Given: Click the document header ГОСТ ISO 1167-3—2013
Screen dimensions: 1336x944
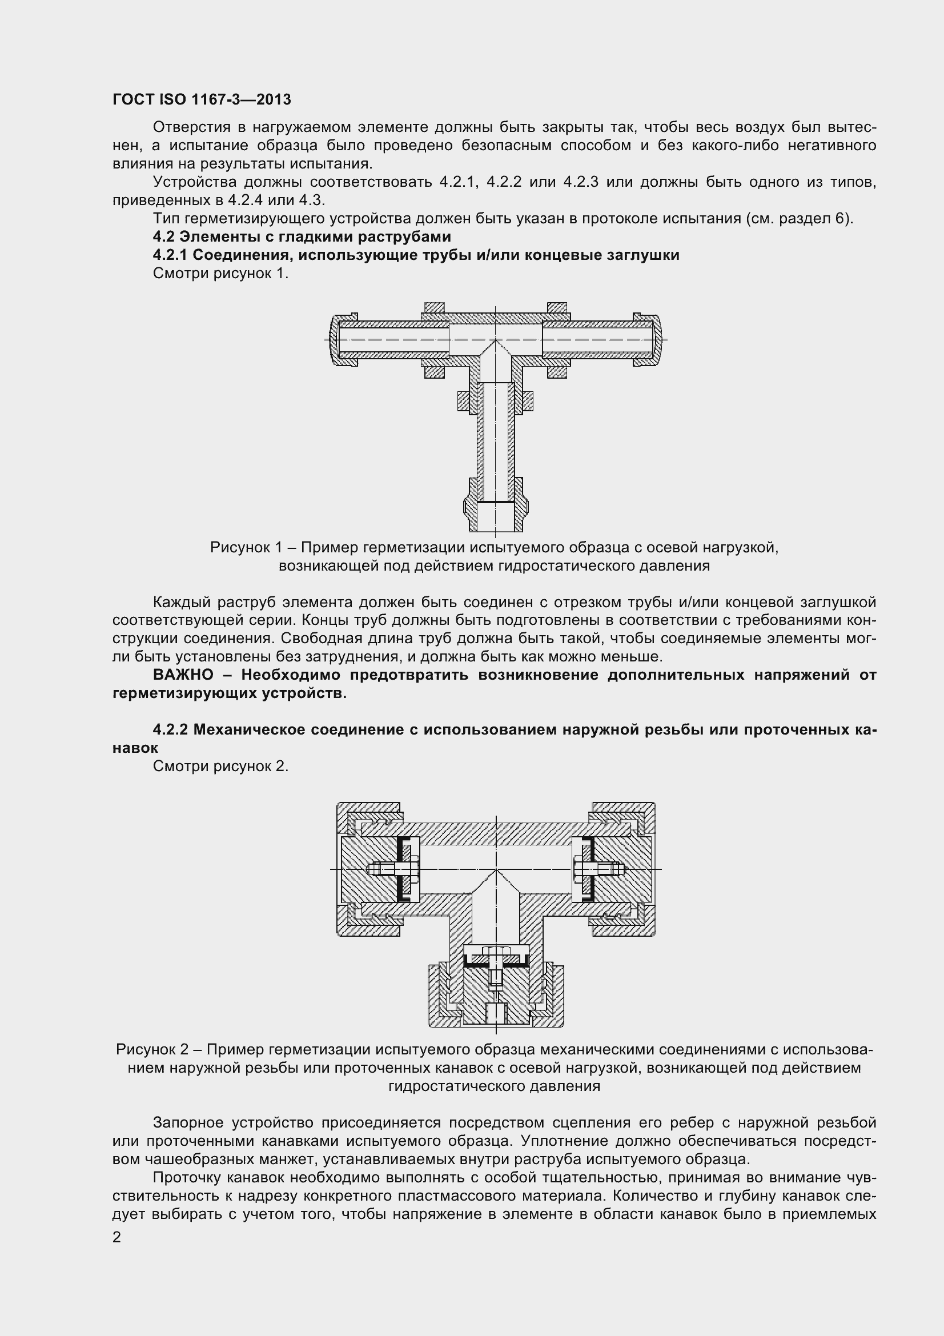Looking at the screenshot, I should click(x=201, y=99).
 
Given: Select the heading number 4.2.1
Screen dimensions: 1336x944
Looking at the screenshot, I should click(x=170, y=255).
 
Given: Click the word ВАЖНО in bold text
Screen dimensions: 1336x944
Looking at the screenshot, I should click(x=183, y=675).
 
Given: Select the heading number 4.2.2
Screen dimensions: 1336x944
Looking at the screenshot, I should click(x=170, y=729).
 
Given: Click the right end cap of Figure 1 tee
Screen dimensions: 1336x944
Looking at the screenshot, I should click(x=656, y=340).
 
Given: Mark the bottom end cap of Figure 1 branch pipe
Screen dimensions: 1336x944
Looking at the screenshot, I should click(x=496, y=512).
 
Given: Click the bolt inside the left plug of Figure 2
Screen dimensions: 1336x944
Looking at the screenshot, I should click(x=389, y=869).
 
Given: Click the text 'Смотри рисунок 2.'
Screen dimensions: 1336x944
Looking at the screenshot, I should click(x=220, y=767).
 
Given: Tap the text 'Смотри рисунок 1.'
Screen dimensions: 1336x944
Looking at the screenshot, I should click(x=220, y=274).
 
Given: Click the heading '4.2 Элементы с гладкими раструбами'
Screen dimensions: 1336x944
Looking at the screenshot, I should click(x=302, y=237).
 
